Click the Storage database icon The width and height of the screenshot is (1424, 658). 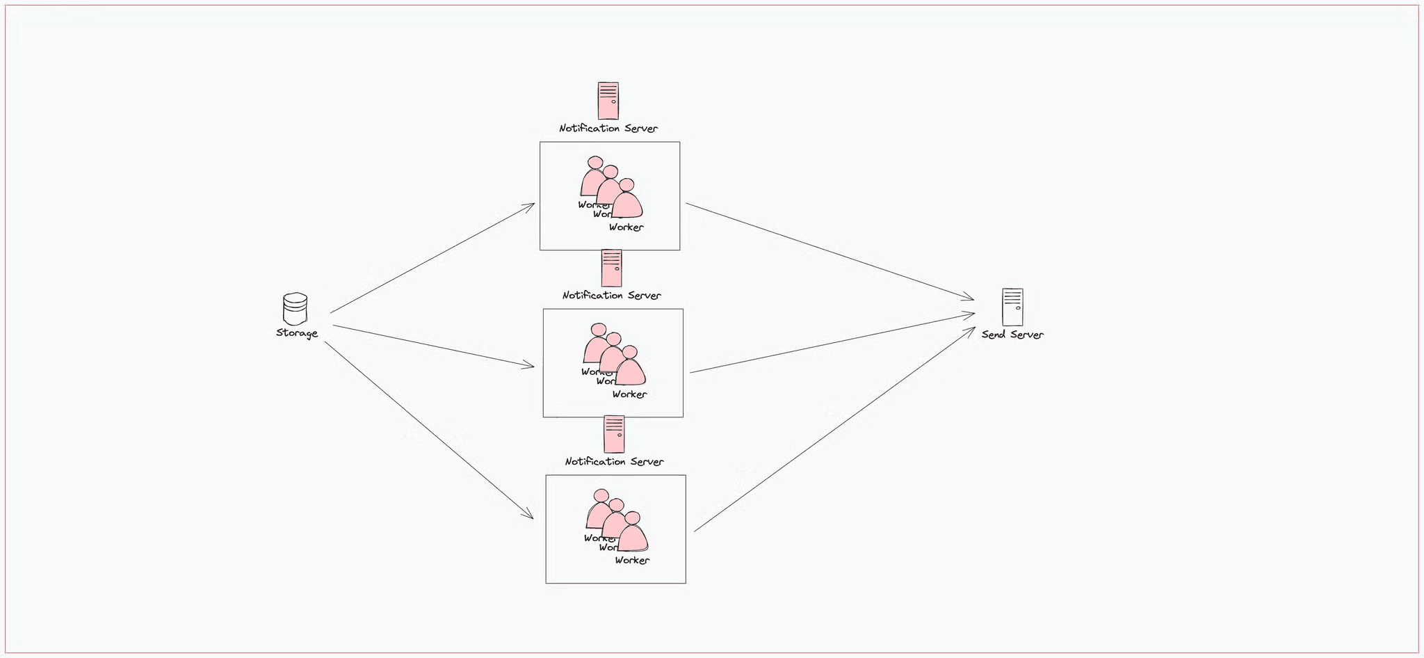[295, 309]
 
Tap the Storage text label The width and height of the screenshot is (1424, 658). [297, 333]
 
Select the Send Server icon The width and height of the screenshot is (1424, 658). [1012, 307]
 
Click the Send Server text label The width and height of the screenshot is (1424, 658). [1012, 335]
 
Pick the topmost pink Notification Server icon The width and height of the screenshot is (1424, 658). [608, 101]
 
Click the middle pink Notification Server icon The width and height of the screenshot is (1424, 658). [611, 268]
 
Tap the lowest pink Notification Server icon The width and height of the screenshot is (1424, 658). [614, 434]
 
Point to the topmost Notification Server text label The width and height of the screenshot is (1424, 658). [608, 129]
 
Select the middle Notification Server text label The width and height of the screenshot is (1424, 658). [612, 296]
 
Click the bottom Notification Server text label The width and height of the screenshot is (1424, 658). [615, 462]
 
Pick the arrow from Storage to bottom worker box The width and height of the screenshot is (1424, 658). [428, 430]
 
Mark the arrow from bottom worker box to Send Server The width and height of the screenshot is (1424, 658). [834, 429]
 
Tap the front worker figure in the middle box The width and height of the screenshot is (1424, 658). [631, 368]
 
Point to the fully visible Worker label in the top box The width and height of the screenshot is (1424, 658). [626, 227]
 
